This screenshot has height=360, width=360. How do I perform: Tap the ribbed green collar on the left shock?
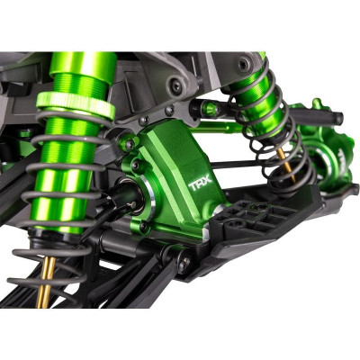pos(76,105)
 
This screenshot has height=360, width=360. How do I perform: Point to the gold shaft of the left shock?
pos(46,282)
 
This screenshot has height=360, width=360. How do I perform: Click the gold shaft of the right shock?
pos(286,165)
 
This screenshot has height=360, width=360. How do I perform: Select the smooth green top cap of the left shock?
pos(83,64)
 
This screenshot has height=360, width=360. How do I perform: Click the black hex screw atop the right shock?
pos(244,64)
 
